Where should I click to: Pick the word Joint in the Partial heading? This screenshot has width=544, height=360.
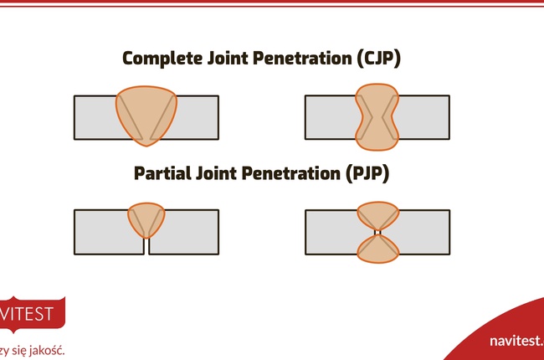click(x=227, y=174)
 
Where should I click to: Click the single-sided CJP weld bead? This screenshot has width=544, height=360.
click(x=146, y=109)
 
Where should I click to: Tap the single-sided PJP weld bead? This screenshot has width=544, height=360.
click(x=146, y=219)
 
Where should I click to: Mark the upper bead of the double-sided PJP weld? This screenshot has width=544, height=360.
click(x=377, y=217)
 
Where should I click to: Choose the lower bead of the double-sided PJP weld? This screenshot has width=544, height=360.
click(x=377, y=249)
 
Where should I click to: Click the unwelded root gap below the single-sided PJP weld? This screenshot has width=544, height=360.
click(x=146, y=247)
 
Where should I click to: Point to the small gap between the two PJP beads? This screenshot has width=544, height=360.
click(x=377, y=232)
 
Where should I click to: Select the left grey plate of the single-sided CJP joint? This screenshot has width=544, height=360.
click(x=94, y=116)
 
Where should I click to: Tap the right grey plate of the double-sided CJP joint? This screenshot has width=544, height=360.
click(x=423, y=116)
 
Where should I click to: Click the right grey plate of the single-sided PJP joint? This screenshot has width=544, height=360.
click(x=188, y=231)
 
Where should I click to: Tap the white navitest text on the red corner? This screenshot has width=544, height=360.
click(x=516, y=342)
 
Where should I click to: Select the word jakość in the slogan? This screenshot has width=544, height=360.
click(x=44, y=349)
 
